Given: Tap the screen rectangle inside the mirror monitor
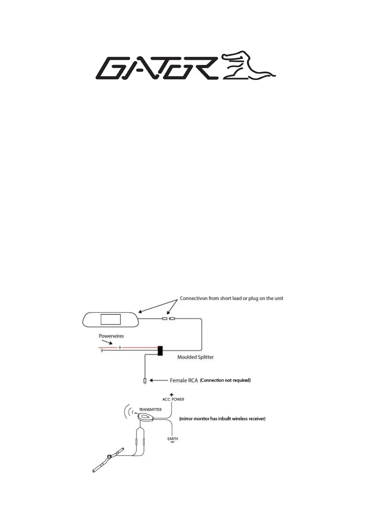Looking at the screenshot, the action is point(111,319).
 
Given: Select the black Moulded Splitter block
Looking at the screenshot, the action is point(160,351).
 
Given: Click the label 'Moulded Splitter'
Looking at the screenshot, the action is point(195,357).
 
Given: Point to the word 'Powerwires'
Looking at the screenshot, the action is point(111,336).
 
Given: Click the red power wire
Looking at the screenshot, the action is point(138,347).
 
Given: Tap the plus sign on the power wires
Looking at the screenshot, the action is point(120,347).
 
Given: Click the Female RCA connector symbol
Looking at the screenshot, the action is point(145,381).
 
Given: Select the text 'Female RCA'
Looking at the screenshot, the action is point(183,380).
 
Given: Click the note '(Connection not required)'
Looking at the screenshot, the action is point(225,380).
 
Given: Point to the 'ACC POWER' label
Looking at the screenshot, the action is point(173,399).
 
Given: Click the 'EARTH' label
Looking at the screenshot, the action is point(173,439).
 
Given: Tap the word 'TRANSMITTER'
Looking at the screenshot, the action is point(150,409).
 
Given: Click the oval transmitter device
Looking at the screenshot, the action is point(145,417).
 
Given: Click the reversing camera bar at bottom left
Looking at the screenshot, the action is point(108,460).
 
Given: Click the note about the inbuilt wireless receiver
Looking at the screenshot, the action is point(222,419).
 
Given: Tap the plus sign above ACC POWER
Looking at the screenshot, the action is point(172,395).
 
